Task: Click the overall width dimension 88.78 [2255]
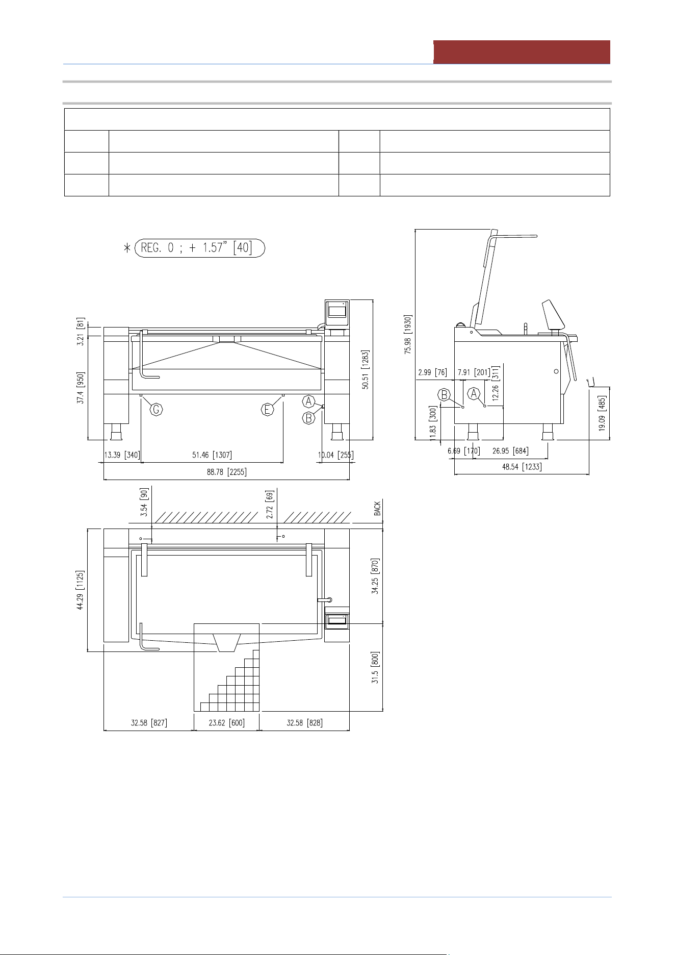[226, 472]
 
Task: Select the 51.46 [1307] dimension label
[212, 455]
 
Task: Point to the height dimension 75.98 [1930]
[408, 335]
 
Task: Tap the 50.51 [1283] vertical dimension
[366, 369]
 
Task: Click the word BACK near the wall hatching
[377, 509]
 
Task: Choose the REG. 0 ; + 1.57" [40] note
[199, 248]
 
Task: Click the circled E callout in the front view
[268, 409]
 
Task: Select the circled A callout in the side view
[474, 394]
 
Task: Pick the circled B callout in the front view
[308, 418]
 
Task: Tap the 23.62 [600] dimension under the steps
[226, 723]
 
